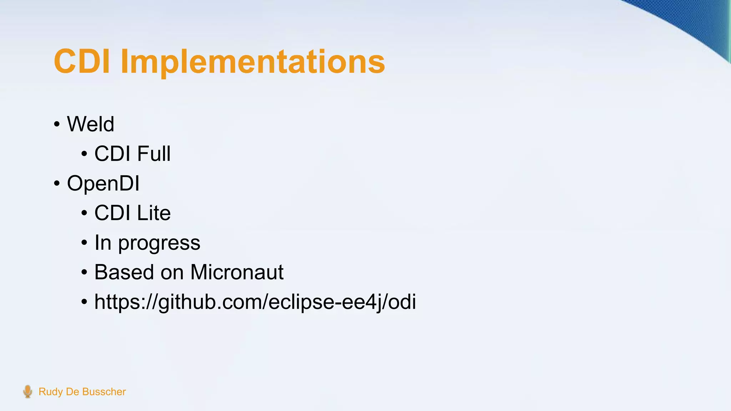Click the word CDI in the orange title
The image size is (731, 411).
81,61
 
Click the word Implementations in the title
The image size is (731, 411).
253,62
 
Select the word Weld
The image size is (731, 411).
90,124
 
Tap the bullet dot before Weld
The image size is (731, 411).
57,125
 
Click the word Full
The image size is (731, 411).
153,154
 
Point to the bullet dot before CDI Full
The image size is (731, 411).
84,154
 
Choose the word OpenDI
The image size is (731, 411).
103,183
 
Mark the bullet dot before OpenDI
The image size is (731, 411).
57,184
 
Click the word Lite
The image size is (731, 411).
153,213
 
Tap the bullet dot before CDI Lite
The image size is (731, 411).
84,213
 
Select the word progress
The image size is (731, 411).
159,243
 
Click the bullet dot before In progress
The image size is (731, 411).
84,243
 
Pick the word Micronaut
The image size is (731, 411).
237,272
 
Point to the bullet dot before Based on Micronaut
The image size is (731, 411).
84,273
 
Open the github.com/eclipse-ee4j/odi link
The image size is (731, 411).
255,302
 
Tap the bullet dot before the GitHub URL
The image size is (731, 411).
84,302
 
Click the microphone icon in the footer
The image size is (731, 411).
27,391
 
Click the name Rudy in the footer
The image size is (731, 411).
51,392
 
